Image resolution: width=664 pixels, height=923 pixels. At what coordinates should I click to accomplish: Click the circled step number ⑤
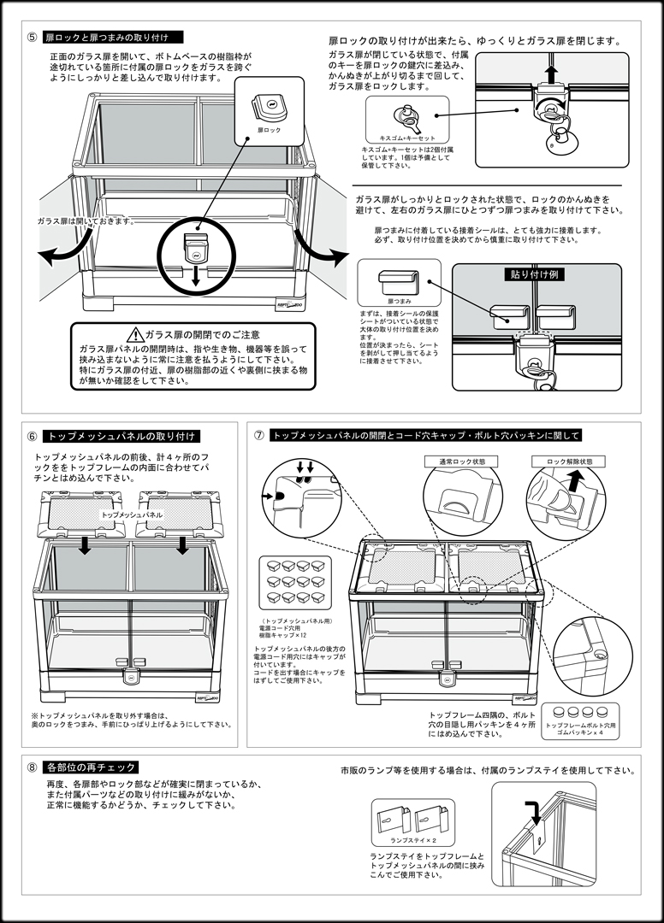point(32,38)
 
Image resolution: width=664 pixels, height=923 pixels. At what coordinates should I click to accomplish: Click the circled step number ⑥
point(32,436)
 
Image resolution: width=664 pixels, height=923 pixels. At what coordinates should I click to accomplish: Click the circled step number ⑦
point(259,435)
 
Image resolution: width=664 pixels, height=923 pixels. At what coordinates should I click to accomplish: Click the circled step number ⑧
point(32,767)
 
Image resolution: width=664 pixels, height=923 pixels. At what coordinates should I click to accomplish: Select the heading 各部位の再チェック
point(91,767)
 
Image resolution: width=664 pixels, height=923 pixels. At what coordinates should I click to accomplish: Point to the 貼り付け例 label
point(525,275)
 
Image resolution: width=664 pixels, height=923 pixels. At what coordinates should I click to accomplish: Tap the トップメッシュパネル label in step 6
point(132,515)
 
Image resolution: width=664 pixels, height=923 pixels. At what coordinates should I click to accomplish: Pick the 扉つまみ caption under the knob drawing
point(400,302)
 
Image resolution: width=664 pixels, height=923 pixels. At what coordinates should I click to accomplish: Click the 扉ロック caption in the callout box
point(269,130)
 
